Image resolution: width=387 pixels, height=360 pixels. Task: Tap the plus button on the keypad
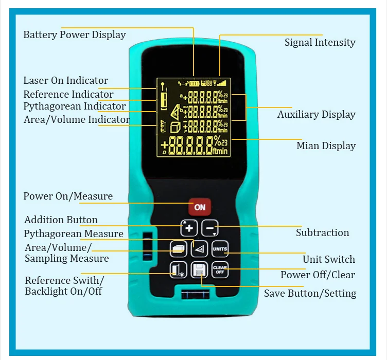point(189,228)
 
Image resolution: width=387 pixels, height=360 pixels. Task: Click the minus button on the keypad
point(209,228)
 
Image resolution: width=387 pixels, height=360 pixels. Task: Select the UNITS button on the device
point(219,248)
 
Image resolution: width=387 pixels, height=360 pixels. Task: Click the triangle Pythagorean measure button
point(199,249)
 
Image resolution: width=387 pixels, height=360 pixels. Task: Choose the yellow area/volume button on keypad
point(179,249)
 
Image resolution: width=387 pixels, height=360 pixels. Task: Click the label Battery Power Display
point(75,35)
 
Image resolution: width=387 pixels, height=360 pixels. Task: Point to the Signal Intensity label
point(320,43)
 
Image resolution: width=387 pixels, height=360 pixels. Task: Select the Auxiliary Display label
point(316,115)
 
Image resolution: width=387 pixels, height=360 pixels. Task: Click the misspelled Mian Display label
point(326,146)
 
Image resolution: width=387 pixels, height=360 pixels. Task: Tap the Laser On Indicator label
point(66,81)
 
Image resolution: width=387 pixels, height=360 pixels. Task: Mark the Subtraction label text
point(322,233)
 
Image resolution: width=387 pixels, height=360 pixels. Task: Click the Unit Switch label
point(328,259)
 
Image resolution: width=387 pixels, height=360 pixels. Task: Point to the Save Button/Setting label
point(310,294)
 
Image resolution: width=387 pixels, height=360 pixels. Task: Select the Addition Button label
point(61,220)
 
